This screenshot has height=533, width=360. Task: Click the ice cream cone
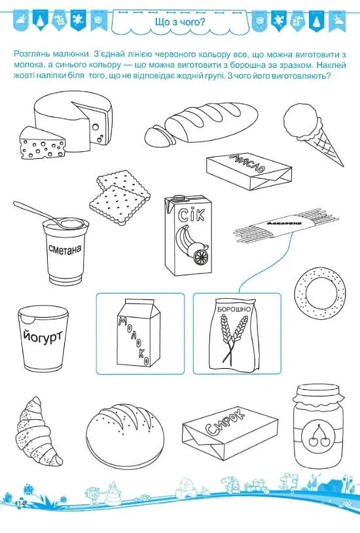310,133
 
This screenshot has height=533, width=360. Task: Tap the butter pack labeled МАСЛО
249,172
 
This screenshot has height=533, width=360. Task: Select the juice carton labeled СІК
188,235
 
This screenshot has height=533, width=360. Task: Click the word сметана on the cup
65,250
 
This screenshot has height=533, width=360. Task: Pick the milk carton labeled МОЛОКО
138,332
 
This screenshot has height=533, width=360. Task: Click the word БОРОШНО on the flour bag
234,309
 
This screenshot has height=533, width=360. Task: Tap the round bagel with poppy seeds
320,293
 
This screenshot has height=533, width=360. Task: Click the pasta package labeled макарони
286,227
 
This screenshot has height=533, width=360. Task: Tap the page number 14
22,503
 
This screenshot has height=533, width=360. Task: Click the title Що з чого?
180,22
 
